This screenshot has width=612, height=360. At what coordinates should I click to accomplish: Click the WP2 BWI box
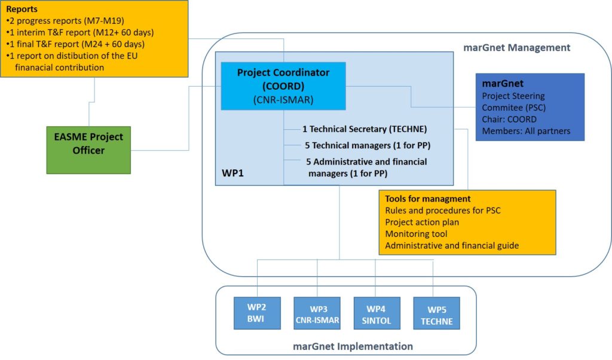pos(257,313)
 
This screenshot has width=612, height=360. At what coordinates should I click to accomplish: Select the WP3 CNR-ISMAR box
pos(317,313)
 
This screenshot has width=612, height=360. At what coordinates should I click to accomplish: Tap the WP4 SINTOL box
pos(377,313)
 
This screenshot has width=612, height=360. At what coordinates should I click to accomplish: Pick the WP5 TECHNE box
pos(436,313)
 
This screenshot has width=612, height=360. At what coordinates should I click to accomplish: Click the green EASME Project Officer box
pos(88,144)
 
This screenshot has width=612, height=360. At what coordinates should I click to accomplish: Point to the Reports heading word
pos(22,10)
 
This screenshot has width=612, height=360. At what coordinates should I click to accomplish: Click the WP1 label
pos(229,173)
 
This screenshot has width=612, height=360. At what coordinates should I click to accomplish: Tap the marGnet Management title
pos(517,48)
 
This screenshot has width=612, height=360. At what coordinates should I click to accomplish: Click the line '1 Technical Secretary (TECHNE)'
pos(365,129)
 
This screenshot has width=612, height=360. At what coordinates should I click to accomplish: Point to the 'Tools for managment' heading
pos(428,199)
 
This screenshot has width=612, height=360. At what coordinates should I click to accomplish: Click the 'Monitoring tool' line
pos(416,234)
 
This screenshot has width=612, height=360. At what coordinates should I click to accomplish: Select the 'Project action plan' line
pos(423,222)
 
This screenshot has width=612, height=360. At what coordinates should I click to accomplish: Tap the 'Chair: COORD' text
pos(509,120)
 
